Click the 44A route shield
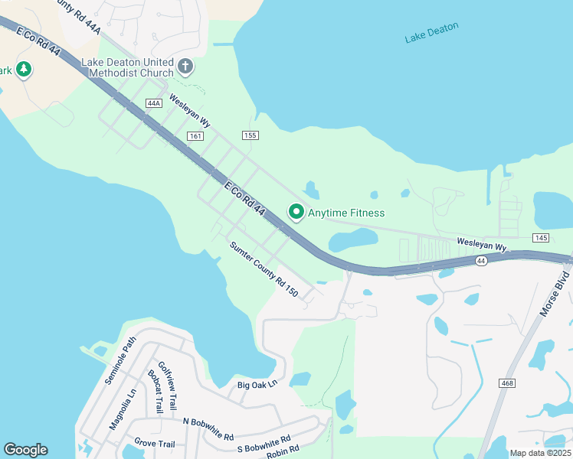[153, 103]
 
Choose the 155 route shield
[250, 135]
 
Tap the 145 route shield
[542, 238]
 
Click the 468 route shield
[505, 382]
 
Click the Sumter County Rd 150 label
[264, 269]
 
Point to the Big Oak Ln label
[256, 385]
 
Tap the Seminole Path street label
[120, 360]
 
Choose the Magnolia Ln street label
[121, 409]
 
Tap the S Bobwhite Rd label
[264, 444]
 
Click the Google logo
[25, 450]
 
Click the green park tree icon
[23, 70]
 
